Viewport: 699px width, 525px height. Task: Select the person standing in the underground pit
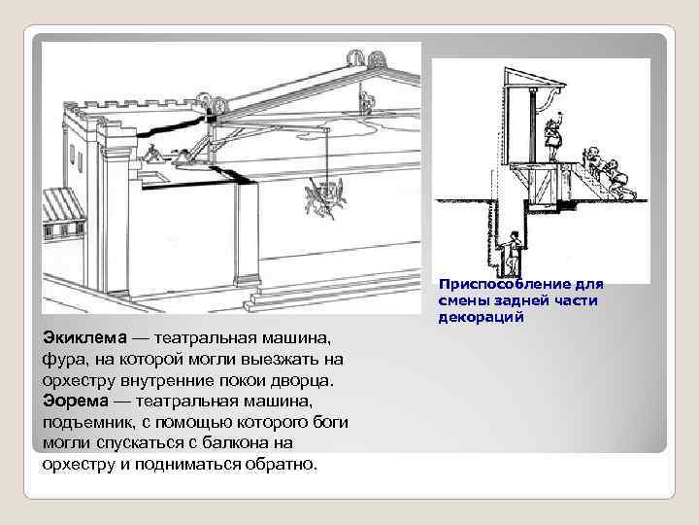pyautogui.click(x=513, y=255)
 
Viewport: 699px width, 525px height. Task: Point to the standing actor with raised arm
pyautogui.click(x=553, y=139)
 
